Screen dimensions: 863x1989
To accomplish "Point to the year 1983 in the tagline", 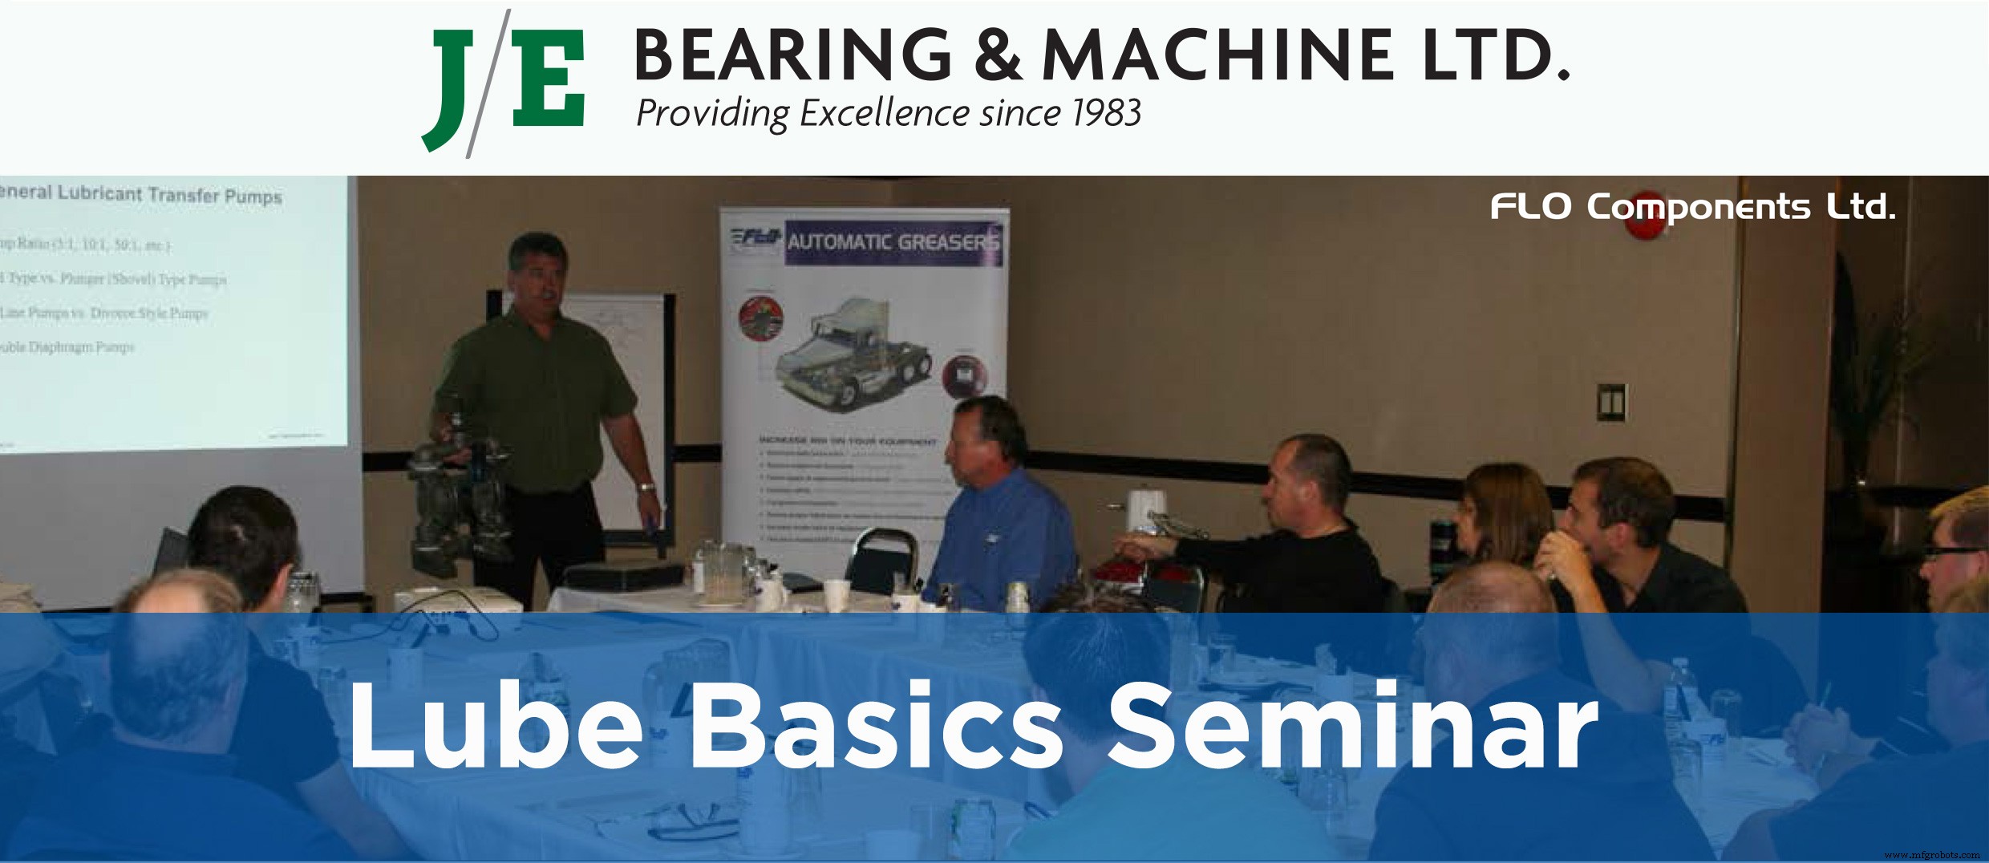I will pos(1106,113).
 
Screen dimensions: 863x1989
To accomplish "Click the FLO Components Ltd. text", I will pos(1692,207).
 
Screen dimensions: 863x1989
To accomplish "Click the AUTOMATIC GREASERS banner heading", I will pos(892,241).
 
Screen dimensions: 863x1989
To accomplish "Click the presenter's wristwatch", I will pos(646,486).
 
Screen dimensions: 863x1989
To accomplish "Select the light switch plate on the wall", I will pos(1611,403).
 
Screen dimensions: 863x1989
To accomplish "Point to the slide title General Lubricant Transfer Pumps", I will pos(141,195).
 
